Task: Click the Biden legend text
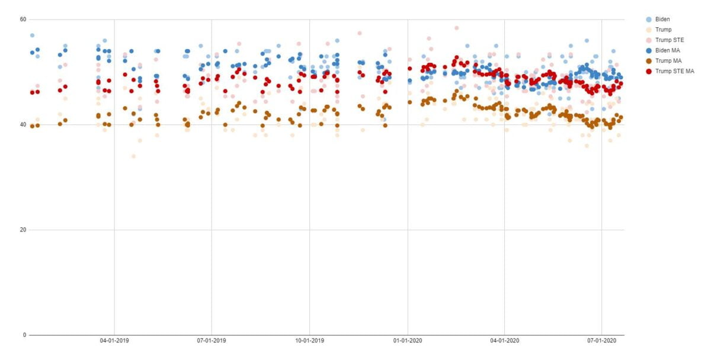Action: (x=662, y=19)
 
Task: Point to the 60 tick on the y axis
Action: (x=23, y=20)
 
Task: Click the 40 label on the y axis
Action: (x=23, y=124)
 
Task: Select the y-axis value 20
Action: (x=23, y=230)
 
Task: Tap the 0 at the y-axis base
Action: (x=25, y=335)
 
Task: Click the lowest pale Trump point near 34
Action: (x=133, y=156)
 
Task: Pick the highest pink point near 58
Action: (x=456, y=28)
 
